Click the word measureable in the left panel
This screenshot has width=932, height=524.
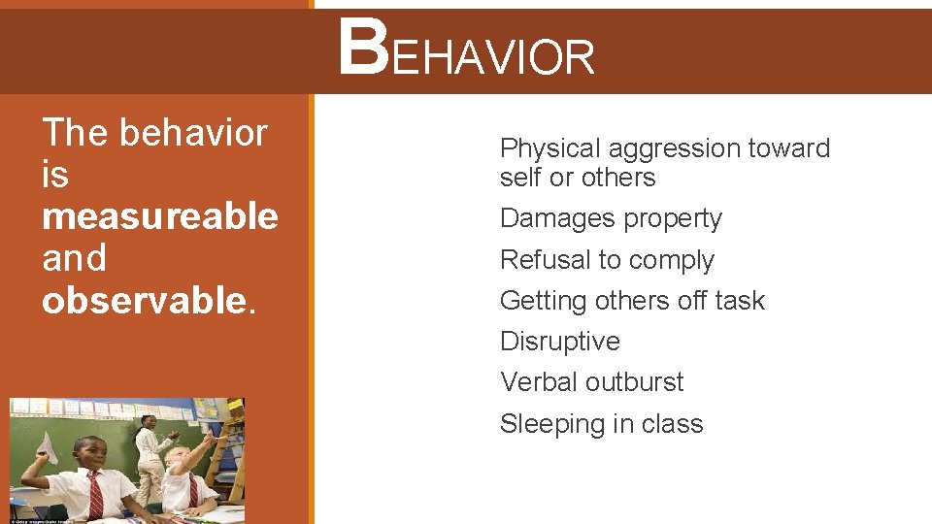[x=159, y=216]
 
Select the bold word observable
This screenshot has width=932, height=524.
[x=144, y=301]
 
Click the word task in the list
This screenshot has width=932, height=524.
[x=740, y=301]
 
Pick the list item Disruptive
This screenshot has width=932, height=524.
[x=559, y=342]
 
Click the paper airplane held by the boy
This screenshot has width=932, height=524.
[x=45, y=447]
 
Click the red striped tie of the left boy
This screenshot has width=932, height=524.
[x=95, y=494]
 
